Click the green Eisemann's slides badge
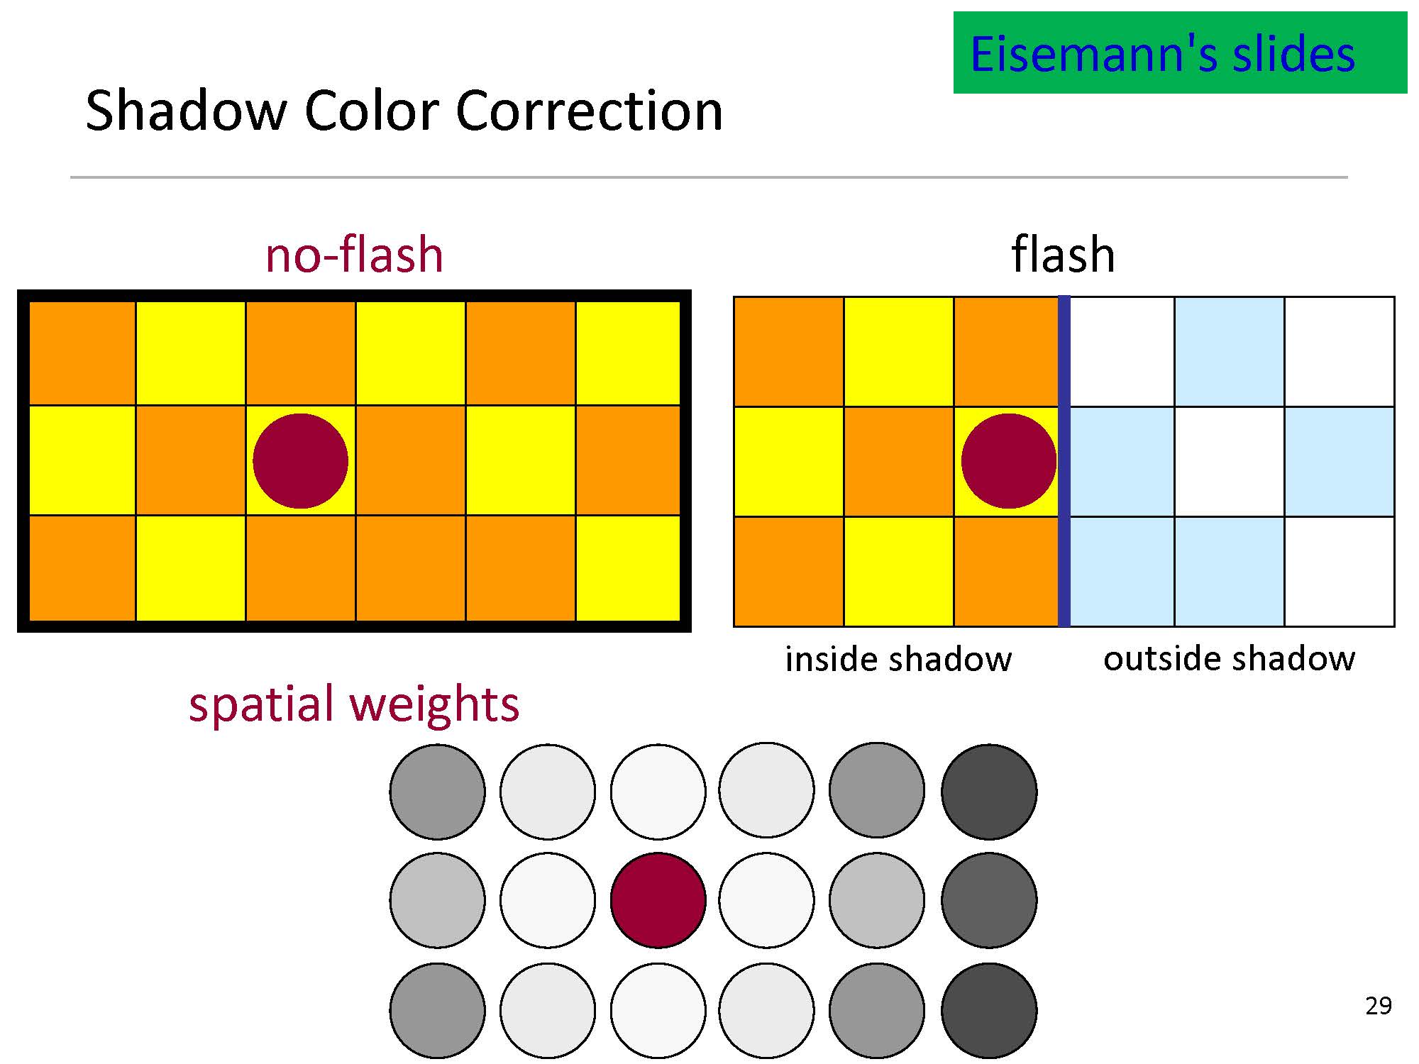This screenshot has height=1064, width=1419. pyautogui.click(x=1179, y=53)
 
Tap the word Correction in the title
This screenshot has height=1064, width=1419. pyautogui.click(x=589, y=111)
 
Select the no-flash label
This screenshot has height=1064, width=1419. pyautogui.click(x=354, y=255)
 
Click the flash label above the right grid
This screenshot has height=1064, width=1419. pyautogui.click(x=1063, y=255)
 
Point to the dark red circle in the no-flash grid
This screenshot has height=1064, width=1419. pyautogui.click(x=301, y=461)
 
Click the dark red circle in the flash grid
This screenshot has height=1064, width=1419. pyautogui.click(x=1008, y=461)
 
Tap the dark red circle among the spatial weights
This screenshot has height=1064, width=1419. pyautogui.click(x=658, y=900)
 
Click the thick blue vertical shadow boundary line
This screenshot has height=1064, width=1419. pyautogui.click(x=1064, y=461)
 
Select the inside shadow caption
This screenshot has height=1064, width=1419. pyautogui.click(x=898, y=660)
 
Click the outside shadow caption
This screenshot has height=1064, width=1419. pyautogui.click(x=1229, y=659)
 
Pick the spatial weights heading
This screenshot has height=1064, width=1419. pyautogui.click(x=354, y=704)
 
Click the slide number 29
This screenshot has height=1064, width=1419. pyautogui.click(x=1378, y=1006)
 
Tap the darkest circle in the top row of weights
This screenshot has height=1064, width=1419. pyautogui.click(x=989, y=791)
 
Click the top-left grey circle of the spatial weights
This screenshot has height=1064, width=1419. pyautogui.click(x=437, y=791)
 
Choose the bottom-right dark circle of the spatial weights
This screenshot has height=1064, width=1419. pyautogui.click(x=989, y=1010)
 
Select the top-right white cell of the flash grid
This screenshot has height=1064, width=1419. pyautogui.click(x=1339, y=352)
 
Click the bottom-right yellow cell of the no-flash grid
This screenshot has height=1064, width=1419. pyautogui.click(x=627, y=568)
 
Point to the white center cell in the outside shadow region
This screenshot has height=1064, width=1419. pyautogui.click(x=1229, y=461)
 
